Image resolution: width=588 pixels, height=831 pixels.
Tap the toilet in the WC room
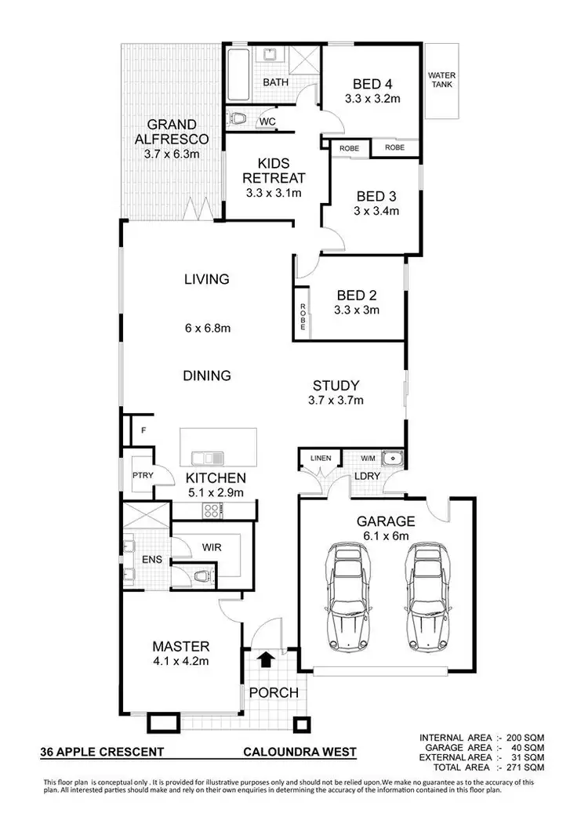(x=238, y=121)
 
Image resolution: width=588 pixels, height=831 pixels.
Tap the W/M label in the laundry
(x=368, y=458)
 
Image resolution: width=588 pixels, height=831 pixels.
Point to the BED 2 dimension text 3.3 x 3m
(x=358, y=310)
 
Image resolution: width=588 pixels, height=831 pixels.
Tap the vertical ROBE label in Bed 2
(x=302, y=314)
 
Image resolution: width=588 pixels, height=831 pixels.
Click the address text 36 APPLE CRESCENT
(x=103, y=753)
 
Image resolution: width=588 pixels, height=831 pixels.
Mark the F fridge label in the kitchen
(x=143, y=430)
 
